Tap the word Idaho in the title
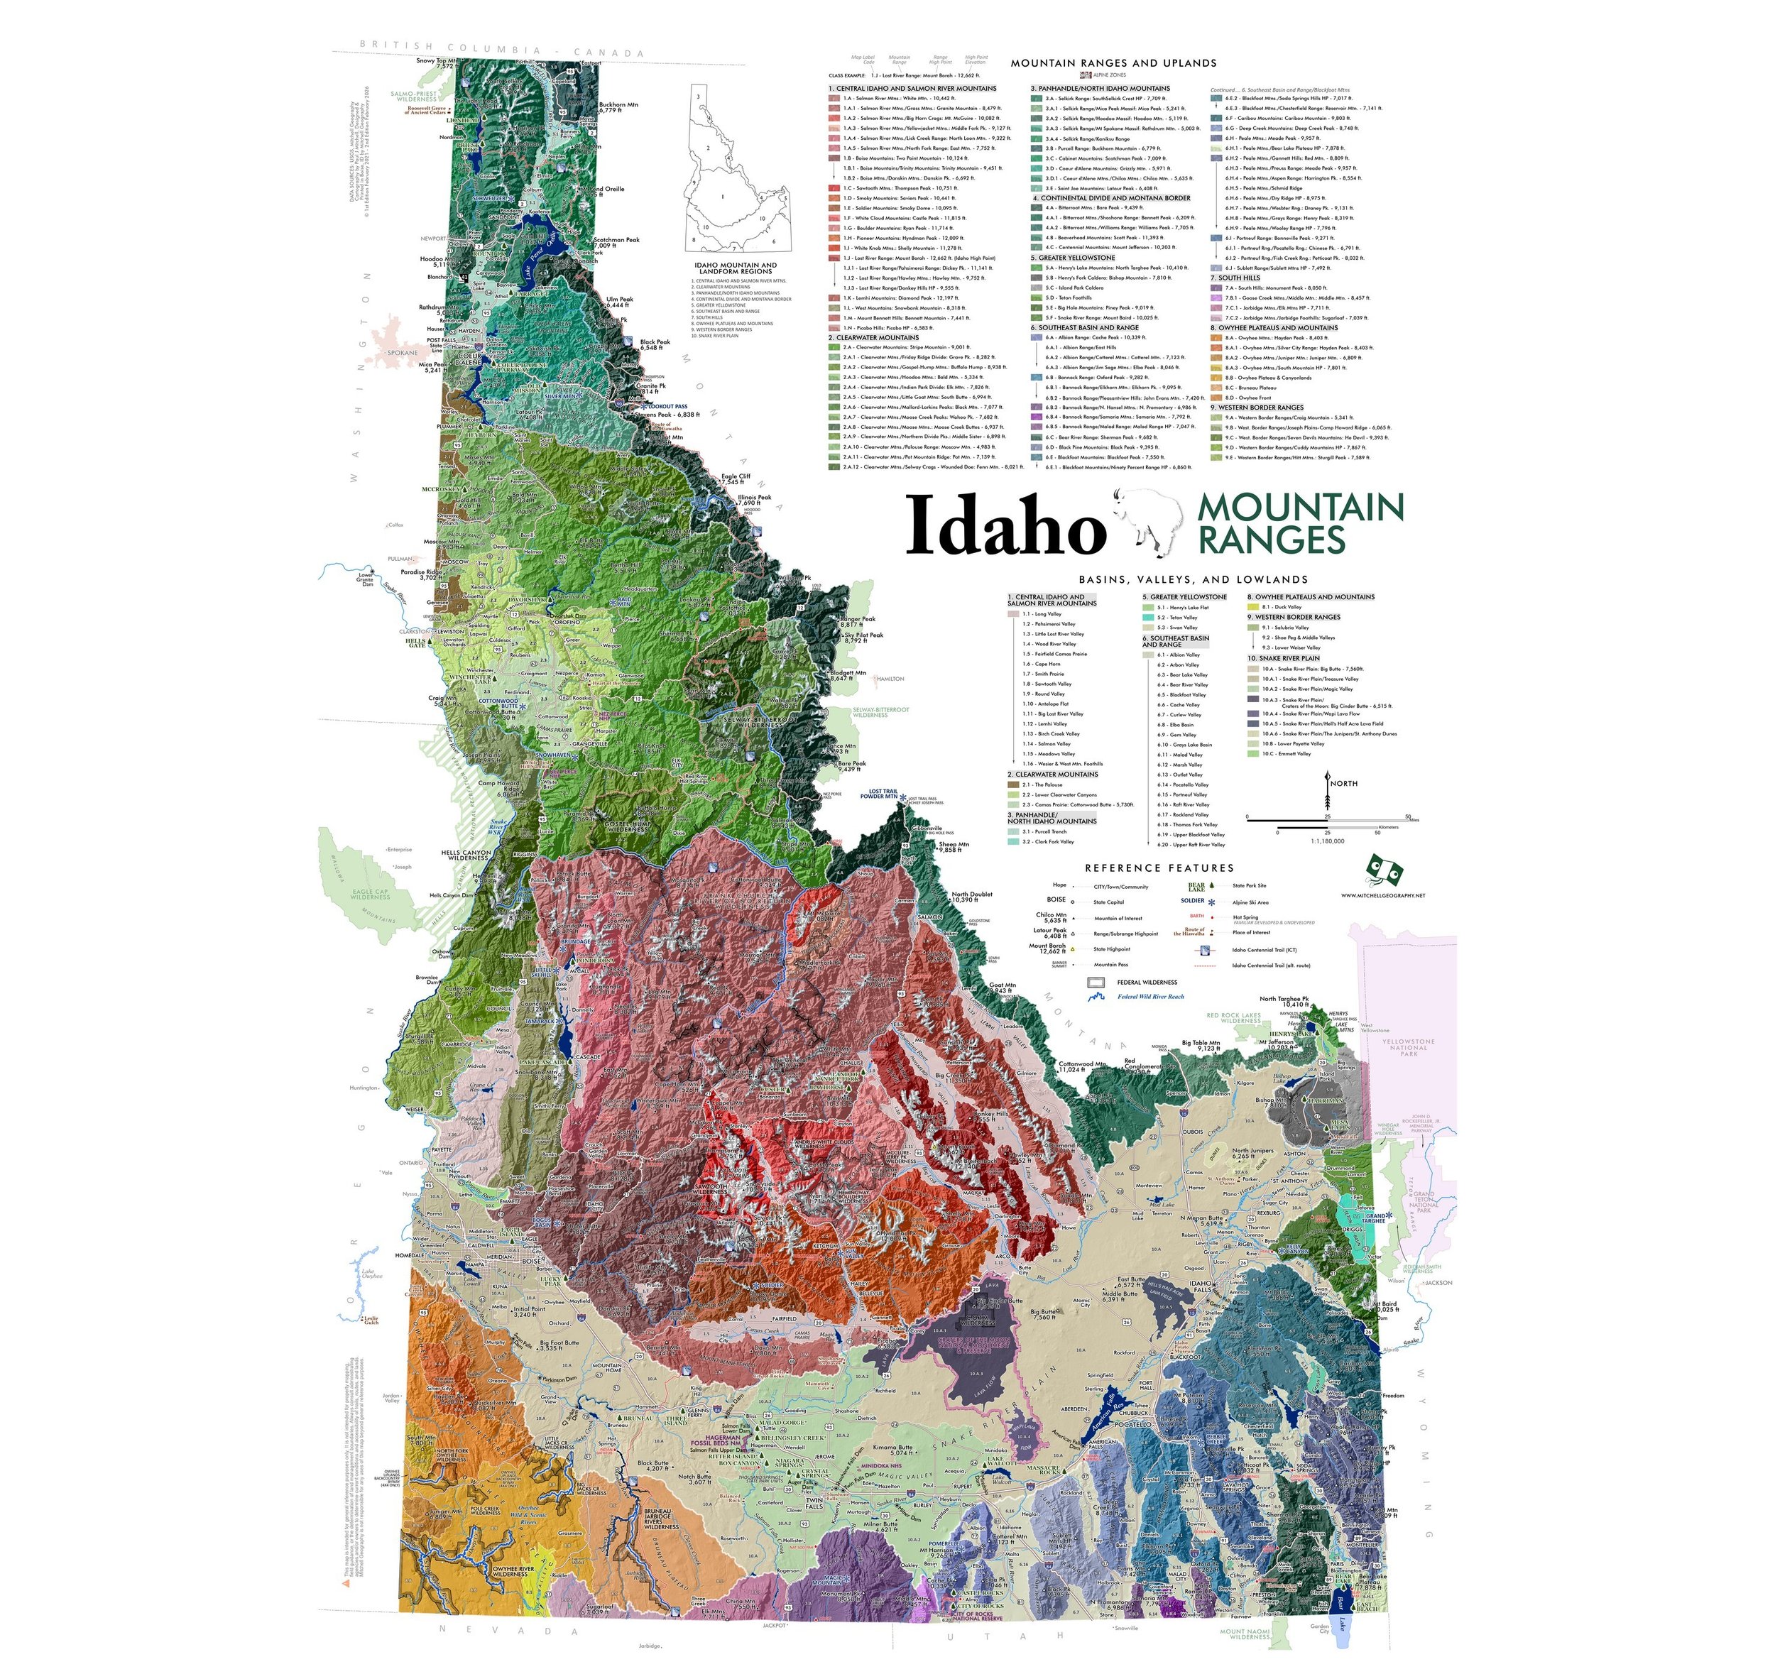coord(1006,526)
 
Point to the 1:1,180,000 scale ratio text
coord(1328,841)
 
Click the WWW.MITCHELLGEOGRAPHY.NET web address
coord(1383,895)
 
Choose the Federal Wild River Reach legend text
coord(1151,996)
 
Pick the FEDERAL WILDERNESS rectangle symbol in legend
coord(1096,983)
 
